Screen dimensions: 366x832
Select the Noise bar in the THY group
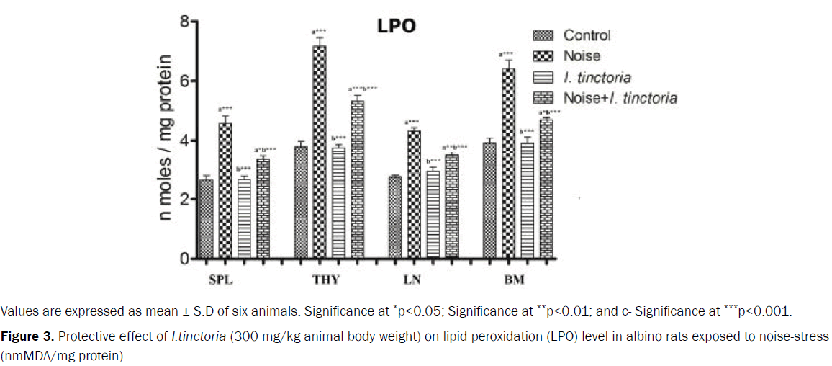pos(320,151)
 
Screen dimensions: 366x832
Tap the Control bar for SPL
pos(206,218)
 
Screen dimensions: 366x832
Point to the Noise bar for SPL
pos(225,190)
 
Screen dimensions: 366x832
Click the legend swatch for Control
pos(543,35)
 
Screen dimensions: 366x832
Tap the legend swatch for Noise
pos(543,55)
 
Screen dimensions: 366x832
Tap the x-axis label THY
pos(328,279)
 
